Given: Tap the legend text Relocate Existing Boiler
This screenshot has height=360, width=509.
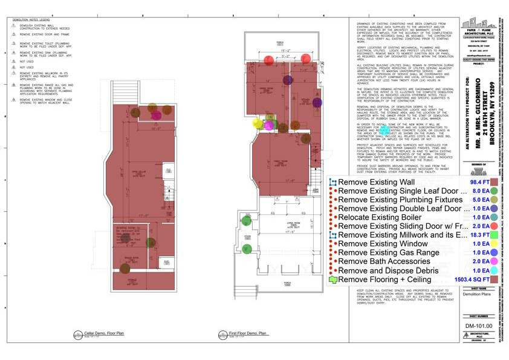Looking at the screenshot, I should click(387, 217).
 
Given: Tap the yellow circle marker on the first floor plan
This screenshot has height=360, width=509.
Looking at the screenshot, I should click(257, 124).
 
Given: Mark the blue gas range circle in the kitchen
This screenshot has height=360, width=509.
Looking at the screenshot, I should click(317, 103).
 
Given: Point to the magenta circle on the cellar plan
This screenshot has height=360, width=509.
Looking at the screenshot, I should click(157, 115).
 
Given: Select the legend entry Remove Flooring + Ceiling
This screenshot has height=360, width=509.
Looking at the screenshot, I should click(384, 279).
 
